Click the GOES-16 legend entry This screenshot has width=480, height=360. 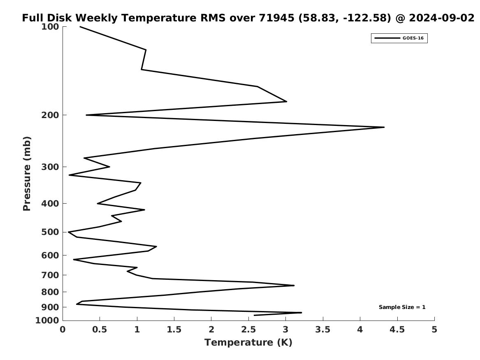[x=399, y=38]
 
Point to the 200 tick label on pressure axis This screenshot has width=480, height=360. [x=50, y=115]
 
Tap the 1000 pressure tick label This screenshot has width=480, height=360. [x=47, y=321]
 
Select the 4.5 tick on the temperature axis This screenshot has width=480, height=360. [x=397, y=330]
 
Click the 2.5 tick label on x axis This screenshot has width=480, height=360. [x=248, y=330]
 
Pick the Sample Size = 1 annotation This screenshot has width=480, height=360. [x=402, y=307]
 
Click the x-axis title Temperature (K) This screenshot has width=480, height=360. [x=248, y=342]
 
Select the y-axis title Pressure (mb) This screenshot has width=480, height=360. [x=27, y=174]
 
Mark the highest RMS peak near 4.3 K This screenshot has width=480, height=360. [x=384, y=127]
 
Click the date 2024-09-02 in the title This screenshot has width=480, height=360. [x=441, y=18]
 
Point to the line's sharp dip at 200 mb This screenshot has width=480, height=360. [x=86, y=115]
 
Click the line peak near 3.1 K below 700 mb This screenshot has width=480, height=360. [x=294, y=285]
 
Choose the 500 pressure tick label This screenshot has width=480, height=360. [x=50, y=232]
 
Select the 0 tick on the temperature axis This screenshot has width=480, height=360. [x=63, y=330]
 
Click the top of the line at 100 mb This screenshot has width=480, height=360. [x=80, y=27]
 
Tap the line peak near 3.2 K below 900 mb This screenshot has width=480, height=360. [x=301, y=313]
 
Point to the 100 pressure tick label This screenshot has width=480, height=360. [x=50, y=27]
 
